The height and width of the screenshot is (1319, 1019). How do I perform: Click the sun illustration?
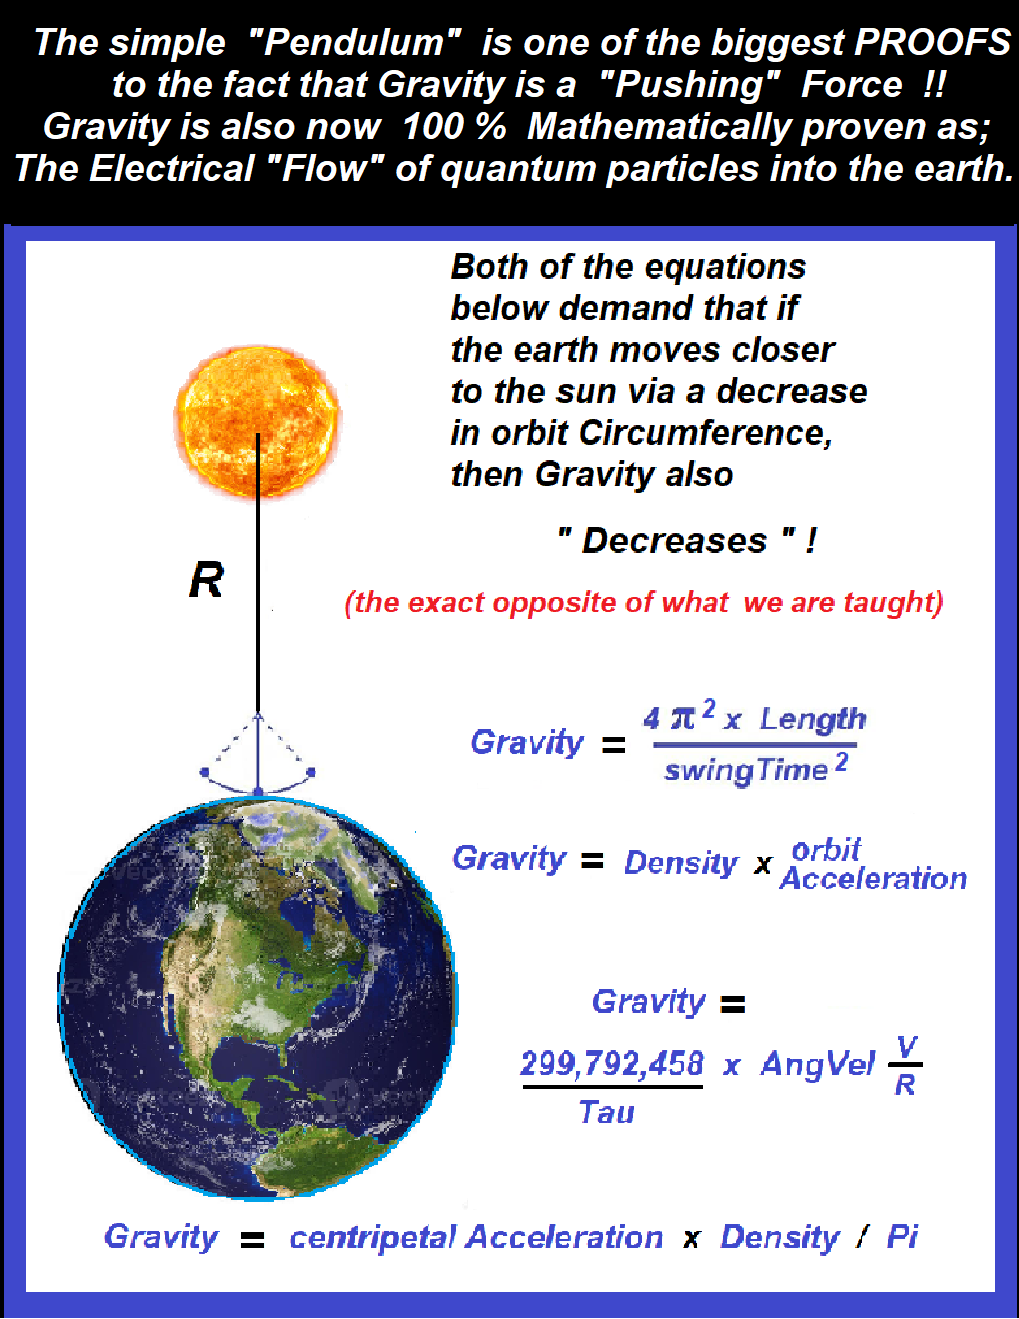(x=257, y=422)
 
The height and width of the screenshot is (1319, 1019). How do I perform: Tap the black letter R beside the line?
(x=206, y=580)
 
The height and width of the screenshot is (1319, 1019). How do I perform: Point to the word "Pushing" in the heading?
(x=689, y=84)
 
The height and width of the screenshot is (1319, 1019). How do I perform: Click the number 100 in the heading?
(x=432, y=126)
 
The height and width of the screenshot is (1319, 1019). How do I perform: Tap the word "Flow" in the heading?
(x=326, y=168)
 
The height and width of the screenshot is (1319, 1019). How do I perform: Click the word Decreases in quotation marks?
(x=674, y=540)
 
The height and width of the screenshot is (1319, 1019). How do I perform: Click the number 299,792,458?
(x=612, y=1063)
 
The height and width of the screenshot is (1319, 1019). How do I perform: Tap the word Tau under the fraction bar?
(x=606, y=1113)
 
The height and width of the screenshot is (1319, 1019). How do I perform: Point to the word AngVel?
(x=817, y=1064)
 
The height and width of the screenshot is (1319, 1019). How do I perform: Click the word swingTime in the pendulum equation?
(x=746, y=771)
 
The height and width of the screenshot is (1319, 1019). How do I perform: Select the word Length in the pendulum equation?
(x=813, y=719)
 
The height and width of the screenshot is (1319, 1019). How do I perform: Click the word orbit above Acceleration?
(x=826, y=849)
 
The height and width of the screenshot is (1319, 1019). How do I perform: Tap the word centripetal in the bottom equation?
(x=373, y=1238)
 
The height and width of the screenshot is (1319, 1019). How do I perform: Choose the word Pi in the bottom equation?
(x=901, y=1236)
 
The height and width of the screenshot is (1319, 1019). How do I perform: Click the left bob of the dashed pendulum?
(x=205, y=772)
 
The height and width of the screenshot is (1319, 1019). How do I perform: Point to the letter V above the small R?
(x=907, y=1045)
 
